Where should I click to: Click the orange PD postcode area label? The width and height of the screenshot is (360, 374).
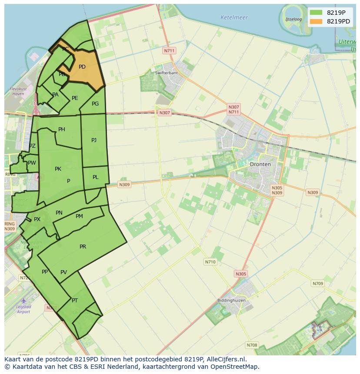82,67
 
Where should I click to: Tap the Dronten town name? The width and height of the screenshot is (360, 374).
260,164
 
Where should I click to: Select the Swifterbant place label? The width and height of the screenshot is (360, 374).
167,73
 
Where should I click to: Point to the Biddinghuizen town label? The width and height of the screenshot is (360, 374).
231,300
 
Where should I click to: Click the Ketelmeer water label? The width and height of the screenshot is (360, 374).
234,18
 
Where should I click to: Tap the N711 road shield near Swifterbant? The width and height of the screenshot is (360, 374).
169,51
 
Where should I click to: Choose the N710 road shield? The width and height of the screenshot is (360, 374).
210,262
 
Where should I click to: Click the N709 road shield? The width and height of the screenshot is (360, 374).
318,284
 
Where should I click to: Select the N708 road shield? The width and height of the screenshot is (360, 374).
252,345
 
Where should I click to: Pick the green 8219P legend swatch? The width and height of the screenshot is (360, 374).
316,13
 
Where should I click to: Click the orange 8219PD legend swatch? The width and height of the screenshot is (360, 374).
316,21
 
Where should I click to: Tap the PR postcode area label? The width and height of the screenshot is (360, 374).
83,247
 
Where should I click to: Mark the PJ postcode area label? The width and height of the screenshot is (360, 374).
94,140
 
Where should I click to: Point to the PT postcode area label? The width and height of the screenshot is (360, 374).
75,301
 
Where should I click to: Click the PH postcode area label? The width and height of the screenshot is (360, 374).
62,129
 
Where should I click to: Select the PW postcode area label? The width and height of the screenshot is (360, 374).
32,163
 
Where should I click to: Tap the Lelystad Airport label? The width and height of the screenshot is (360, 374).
23,309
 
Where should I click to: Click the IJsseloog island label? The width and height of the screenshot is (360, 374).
293,20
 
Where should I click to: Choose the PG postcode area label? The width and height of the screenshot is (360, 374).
95,104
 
